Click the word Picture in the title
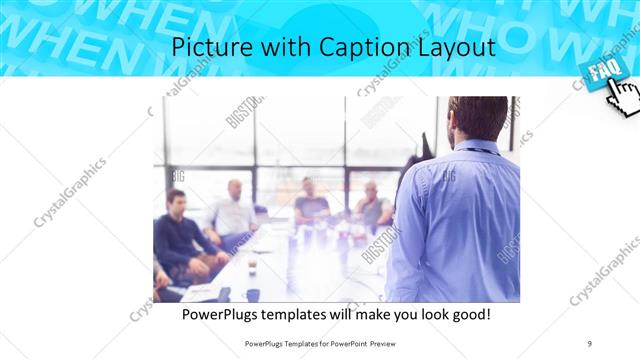[204, 47]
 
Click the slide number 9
[589, 343]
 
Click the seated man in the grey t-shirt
[310, 205]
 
